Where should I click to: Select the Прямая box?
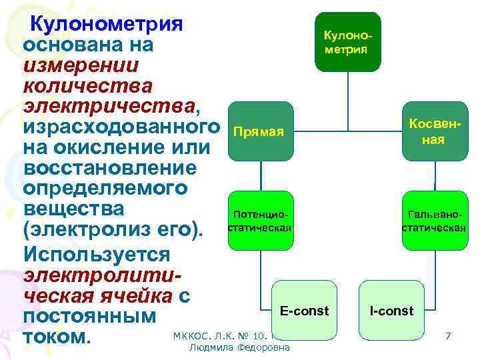(260, 131)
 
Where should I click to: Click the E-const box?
(304, 311)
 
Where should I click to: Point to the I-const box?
(391, 311)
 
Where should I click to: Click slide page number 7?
(448, 336)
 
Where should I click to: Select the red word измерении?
(81, 65)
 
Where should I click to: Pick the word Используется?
(97, 254)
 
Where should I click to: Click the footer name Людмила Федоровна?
(239, 348)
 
